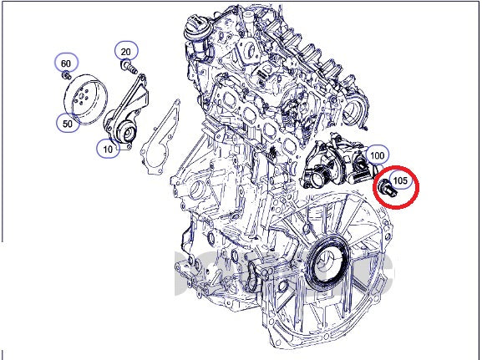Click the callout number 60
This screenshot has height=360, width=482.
coord(66,63)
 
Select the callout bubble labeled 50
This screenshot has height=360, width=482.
coord(66,124)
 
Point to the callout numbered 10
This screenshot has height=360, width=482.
coord(108,150)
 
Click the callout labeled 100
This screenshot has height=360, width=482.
coord(378,155)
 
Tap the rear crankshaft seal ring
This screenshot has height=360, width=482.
coord(322,255)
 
